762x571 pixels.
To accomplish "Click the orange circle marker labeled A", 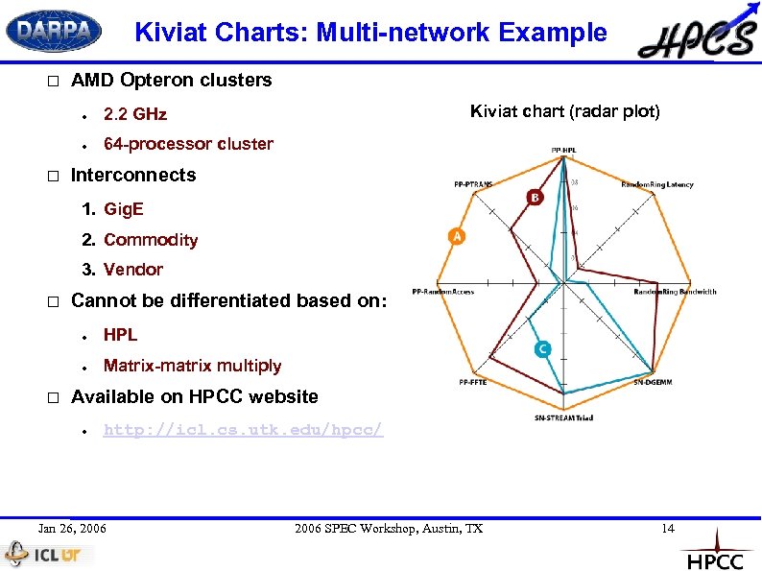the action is pyautogui.click(x=456, y=236).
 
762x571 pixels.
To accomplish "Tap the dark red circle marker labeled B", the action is pyautogui.click(x=535, y=197).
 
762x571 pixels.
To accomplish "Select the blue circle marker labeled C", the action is pyautogui.click(x=543, y=349).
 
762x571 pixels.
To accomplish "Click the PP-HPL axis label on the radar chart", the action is pyautogui.click(x=563, y=151).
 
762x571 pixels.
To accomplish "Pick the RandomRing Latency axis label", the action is pyautogui.click(x=657, y=184).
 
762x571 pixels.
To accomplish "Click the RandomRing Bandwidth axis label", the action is pyautogui.click(x=675, y=292).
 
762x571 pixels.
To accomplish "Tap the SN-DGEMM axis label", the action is pyautogui.click(x=652, y=382).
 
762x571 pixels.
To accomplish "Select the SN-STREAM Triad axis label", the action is pyautogui.click(x=563, y=418).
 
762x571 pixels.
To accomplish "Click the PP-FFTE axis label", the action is pyautogui.click(x=472, y=382).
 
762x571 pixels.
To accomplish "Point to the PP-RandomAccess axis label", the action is pyautogui.click(x=442, y=292).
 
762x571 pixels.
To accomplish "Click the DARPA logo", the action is pyautogui.click(x=54, y=32).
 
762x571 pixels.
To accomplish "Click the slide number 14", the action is pyautogui.click(x=668, y=529).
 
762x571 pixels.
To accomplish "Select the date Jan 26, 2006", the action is pyautogui.click(x=72, y=529).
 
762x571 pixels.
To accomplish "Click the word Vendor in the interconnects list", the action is pyautogui.click(x=133, y=270).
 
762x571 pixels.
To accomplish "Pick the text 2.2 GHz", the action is pyautogui.click(x=135, y=114).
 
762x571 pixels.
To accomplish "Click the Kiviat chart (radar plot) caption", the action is pyautogui.click(x=564, y=111).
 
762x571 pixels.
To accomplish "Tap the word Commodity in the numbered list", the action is pyautogui.click(x=151, y=240).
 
